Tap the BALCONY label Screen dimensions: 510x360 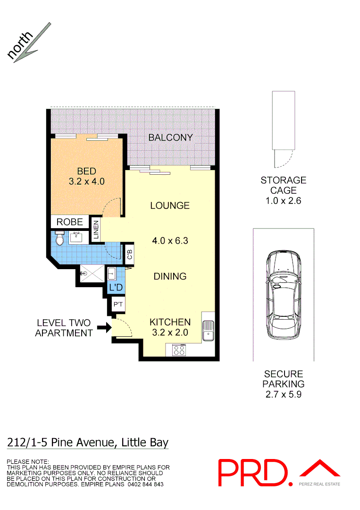pos(170,137)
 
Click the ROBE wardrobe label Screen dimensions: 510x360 pos(69,222)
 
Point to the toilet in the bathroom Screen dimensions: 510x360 pos(59,239)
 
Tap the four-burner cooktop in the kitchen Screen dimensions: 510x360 pos(179,350)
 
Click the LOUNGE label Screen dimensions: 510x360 pos(170,205)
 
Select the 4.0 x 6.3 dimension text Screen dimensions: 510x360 pos(170,241)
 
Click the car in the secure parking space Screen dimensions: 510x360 pos(283,295)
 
